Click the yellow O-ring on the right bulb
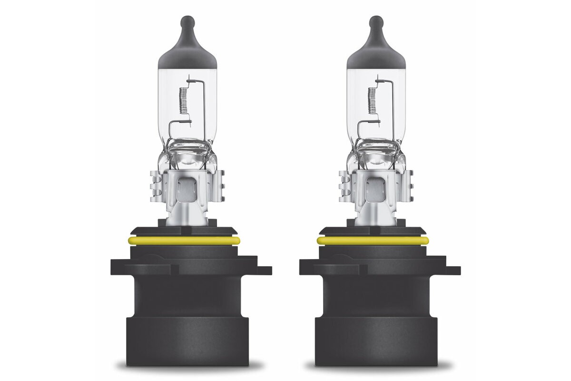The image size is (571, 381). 372,241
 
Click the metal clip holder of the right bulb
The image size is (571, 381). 375,188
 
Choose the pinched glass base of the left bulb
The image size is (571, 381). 187,150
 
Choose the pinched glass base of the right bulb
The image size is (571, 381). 375,150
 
